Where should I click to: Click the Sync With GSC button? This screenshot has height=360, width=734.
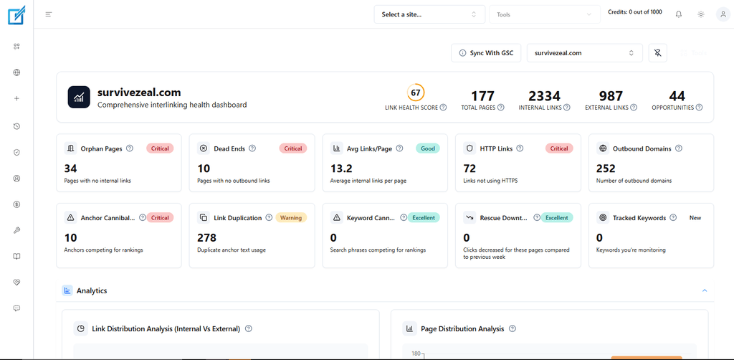486,53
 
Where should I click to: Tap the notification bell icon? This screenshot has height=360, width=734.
679,14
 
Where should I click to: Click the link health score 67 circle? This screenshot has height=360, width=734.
416,93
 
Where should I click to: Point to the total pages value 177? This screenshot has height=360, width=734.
482,96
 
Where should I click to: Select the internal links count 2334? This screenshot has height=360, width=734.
545,96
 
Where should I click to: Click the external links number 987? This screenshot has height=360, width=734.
611,96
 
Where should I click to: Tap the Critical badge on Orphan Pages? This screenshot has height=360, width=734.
160,148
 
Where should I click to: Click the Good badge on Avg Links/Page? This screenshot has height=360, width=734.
428,148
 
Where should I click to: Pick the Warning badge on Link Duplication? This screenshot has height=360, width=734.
291,218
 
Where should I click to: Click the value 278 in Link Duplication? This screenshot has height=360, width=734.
207,237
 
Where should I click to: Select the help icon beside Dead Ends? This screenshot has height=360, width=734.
252,148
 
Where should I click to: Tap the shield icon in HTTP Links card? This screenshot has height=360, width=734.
470,148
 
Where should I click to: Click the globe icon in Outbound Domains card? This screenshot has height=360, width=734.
602,148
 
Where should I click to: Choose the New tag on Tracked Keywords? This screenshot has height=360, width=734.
695,218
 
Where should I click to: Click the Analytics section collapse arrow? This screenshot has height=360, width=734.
705,290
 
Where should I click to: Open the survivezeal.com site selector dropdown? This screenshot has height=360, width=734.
585,53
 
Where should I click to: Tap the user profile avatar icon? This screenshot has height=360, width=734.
723,14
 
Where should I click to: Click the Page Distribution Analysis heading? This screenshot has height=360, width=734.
462,328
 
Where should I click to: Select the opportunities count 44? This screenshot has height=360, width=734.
677,96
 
